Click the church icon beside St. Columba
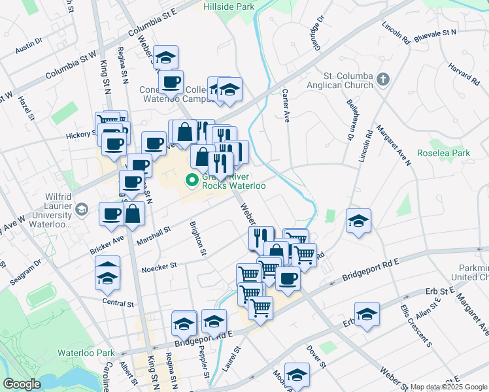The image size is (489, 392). point(383,80)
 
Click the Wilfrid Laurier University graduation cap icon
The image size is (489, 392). point(82,210)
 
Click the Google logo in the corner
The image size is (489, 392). point(22,384)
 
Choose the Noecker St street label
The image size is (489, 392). point(160,266)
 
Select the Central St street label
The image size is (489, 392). point(118,303)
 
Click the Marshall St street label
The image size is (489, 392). point(154,236)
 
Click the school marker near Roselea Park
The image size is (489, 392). point(358,223)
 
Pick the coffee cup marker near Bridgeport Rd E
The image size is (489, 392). point(288,279)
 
